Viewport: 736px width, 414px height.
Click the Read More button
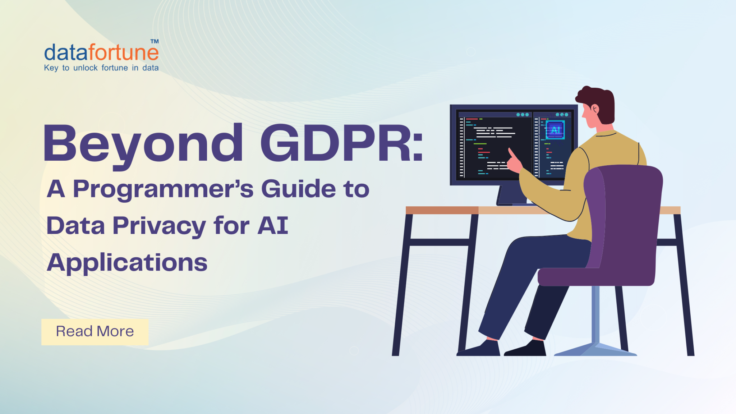[95, 332]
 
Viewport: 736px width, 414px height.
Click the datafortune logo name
[101, 52]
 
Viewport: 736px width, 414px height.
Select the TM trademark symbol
[155, 41]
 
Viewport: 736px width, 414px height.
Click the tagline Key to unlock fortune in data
[101, 68]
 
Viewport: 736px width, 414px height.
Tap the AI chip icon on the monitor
[555, 130]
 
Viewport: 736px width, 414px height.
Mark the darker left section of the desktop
[442, 210]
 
